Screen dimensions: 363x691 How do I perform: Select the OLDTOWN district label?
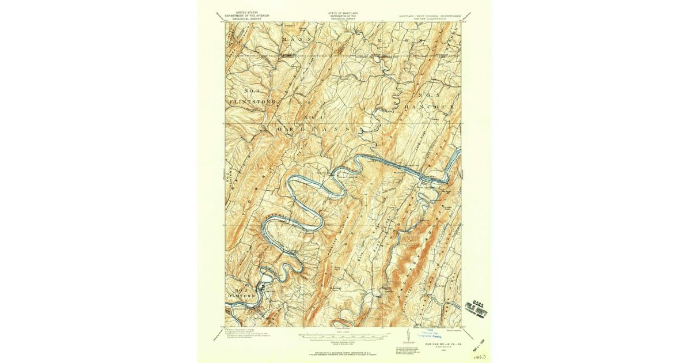(241, 296)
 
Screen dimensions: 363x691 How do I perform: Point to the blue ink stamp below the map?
(427, 334)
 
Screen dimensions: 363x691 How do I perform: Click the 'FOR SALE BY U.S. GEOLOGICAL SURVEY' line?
(343, 349)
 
